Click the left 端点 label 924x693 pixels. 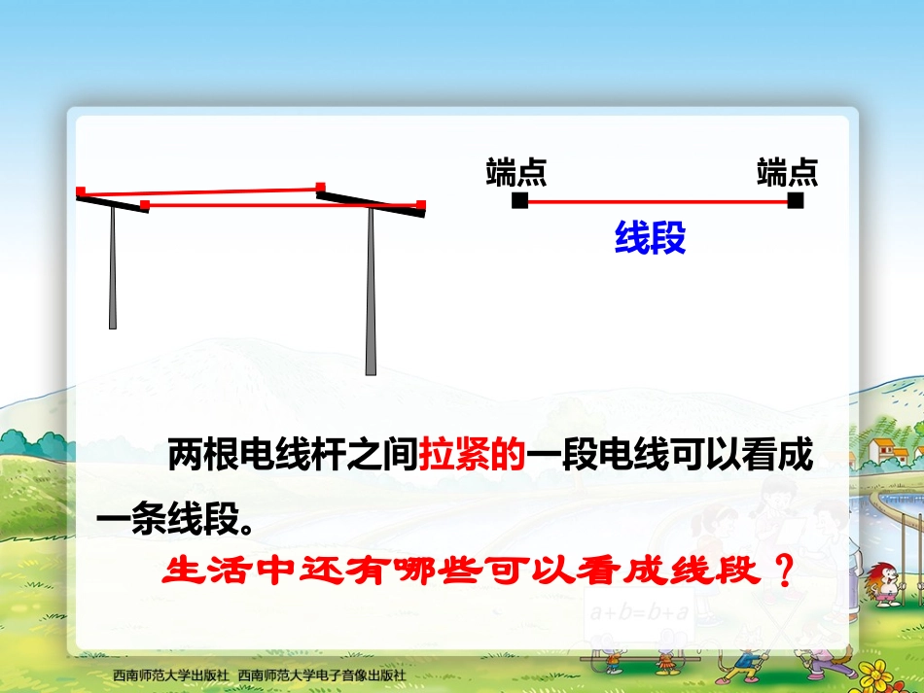pos(515,172)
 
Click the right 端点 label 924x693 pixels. pos(787,172)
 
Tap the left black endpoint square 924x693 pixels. pos(519,201)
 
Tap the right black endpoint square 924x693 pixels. pos(796,201)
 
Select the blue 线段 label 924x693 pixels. pos(650,238)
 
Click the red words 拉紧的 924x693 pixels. pos(473,455)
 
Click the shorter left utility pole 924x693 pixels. pos(113,272)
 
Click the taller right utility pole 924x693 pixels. pos(371,292)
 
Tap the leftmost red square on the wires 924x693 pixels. pos(82,191)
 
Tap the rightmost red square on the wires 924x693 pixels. pos(421,204)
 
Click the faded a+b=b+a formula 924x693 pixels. pos(638,612)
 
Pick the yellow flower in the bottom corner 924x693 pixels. pos(881,671)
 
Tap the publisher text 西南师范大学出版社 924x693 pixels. pos(170,675)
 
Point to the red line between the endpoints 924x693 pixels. pos(657,201)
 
